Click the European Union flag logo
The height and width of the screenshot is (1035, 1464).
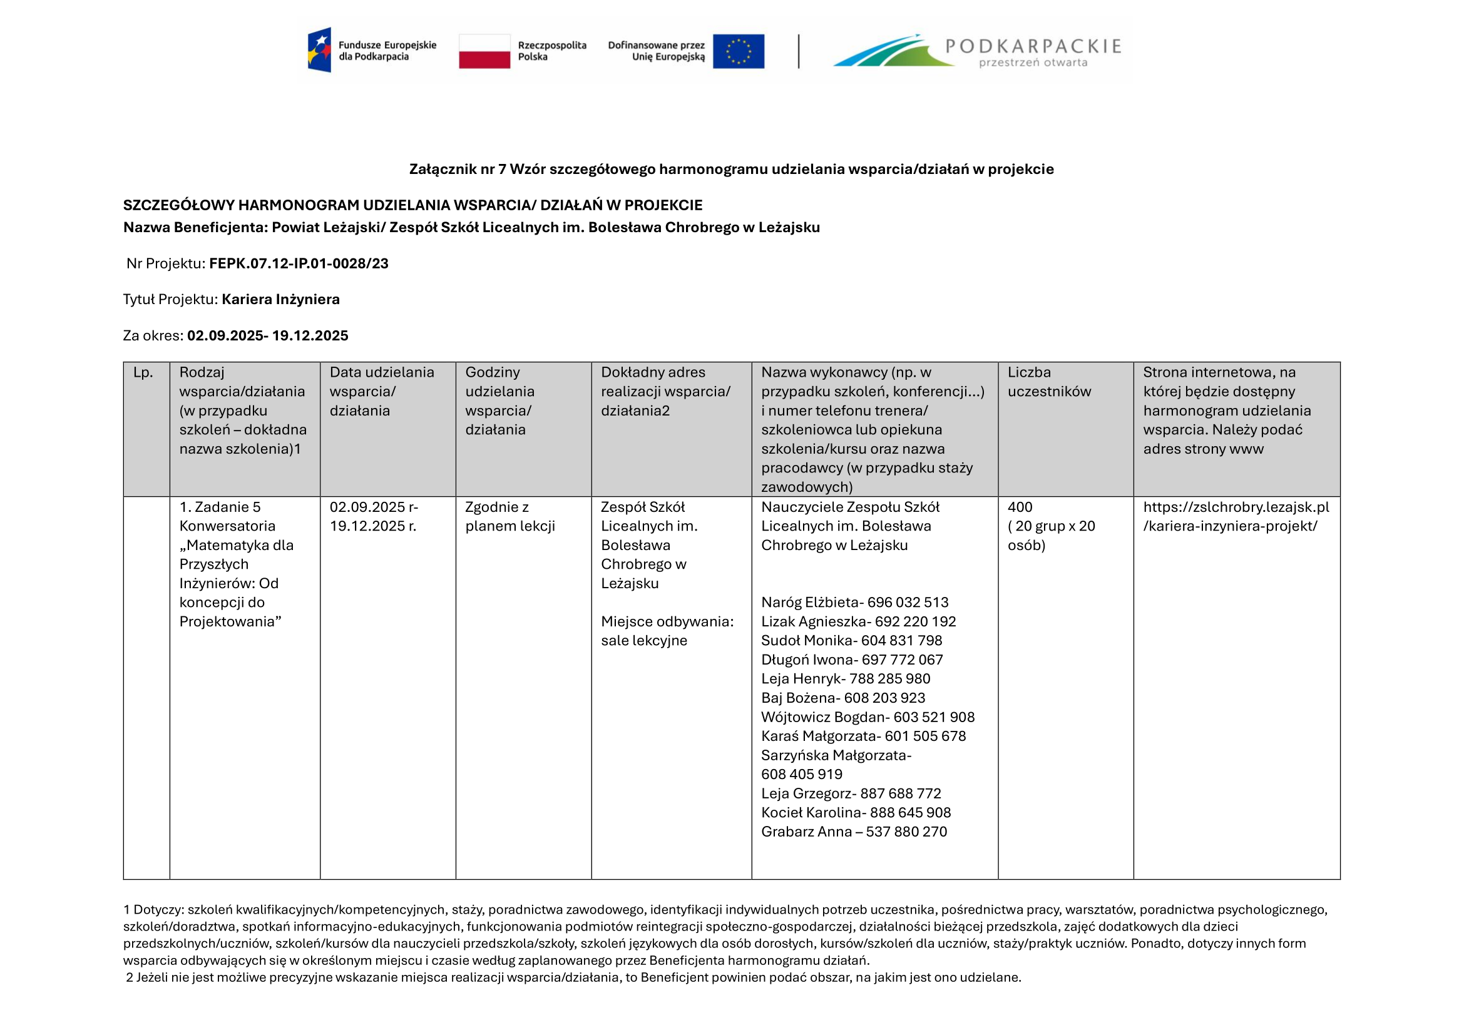point(738,51)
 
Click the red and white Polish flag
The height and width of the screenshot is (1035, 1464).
point(484,51)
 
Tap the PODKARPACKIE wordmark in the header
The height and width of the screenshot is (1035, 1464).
point(1032,46)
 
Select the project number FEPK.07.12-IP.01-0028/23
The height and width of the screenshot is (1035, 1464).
point(299,263)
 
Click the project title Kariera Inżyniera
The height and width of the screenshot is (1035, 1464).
point(280,300)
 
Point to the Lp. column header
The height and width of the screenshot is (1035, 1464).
point(143,372)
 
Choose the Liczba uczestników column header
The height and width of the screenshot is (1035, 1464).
point(1049,382)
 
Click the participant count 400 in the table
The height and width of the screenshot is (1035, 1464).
point(1020,507)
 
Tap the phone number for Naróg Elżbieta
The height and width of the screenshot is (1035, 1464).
point(908,602)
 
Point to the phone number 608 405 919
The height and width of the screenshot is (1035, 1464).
point(802,774)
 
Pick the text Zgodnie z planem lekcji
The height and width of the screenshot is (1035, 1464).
point(509,517)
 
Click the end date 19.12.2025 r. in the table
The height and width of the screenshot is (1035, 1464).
point(372,526)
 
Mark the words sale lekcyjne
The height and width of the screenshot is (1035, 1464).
point(644,641)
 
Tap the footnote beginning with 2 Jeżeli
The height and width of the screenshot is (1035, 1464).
point(573,977)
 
